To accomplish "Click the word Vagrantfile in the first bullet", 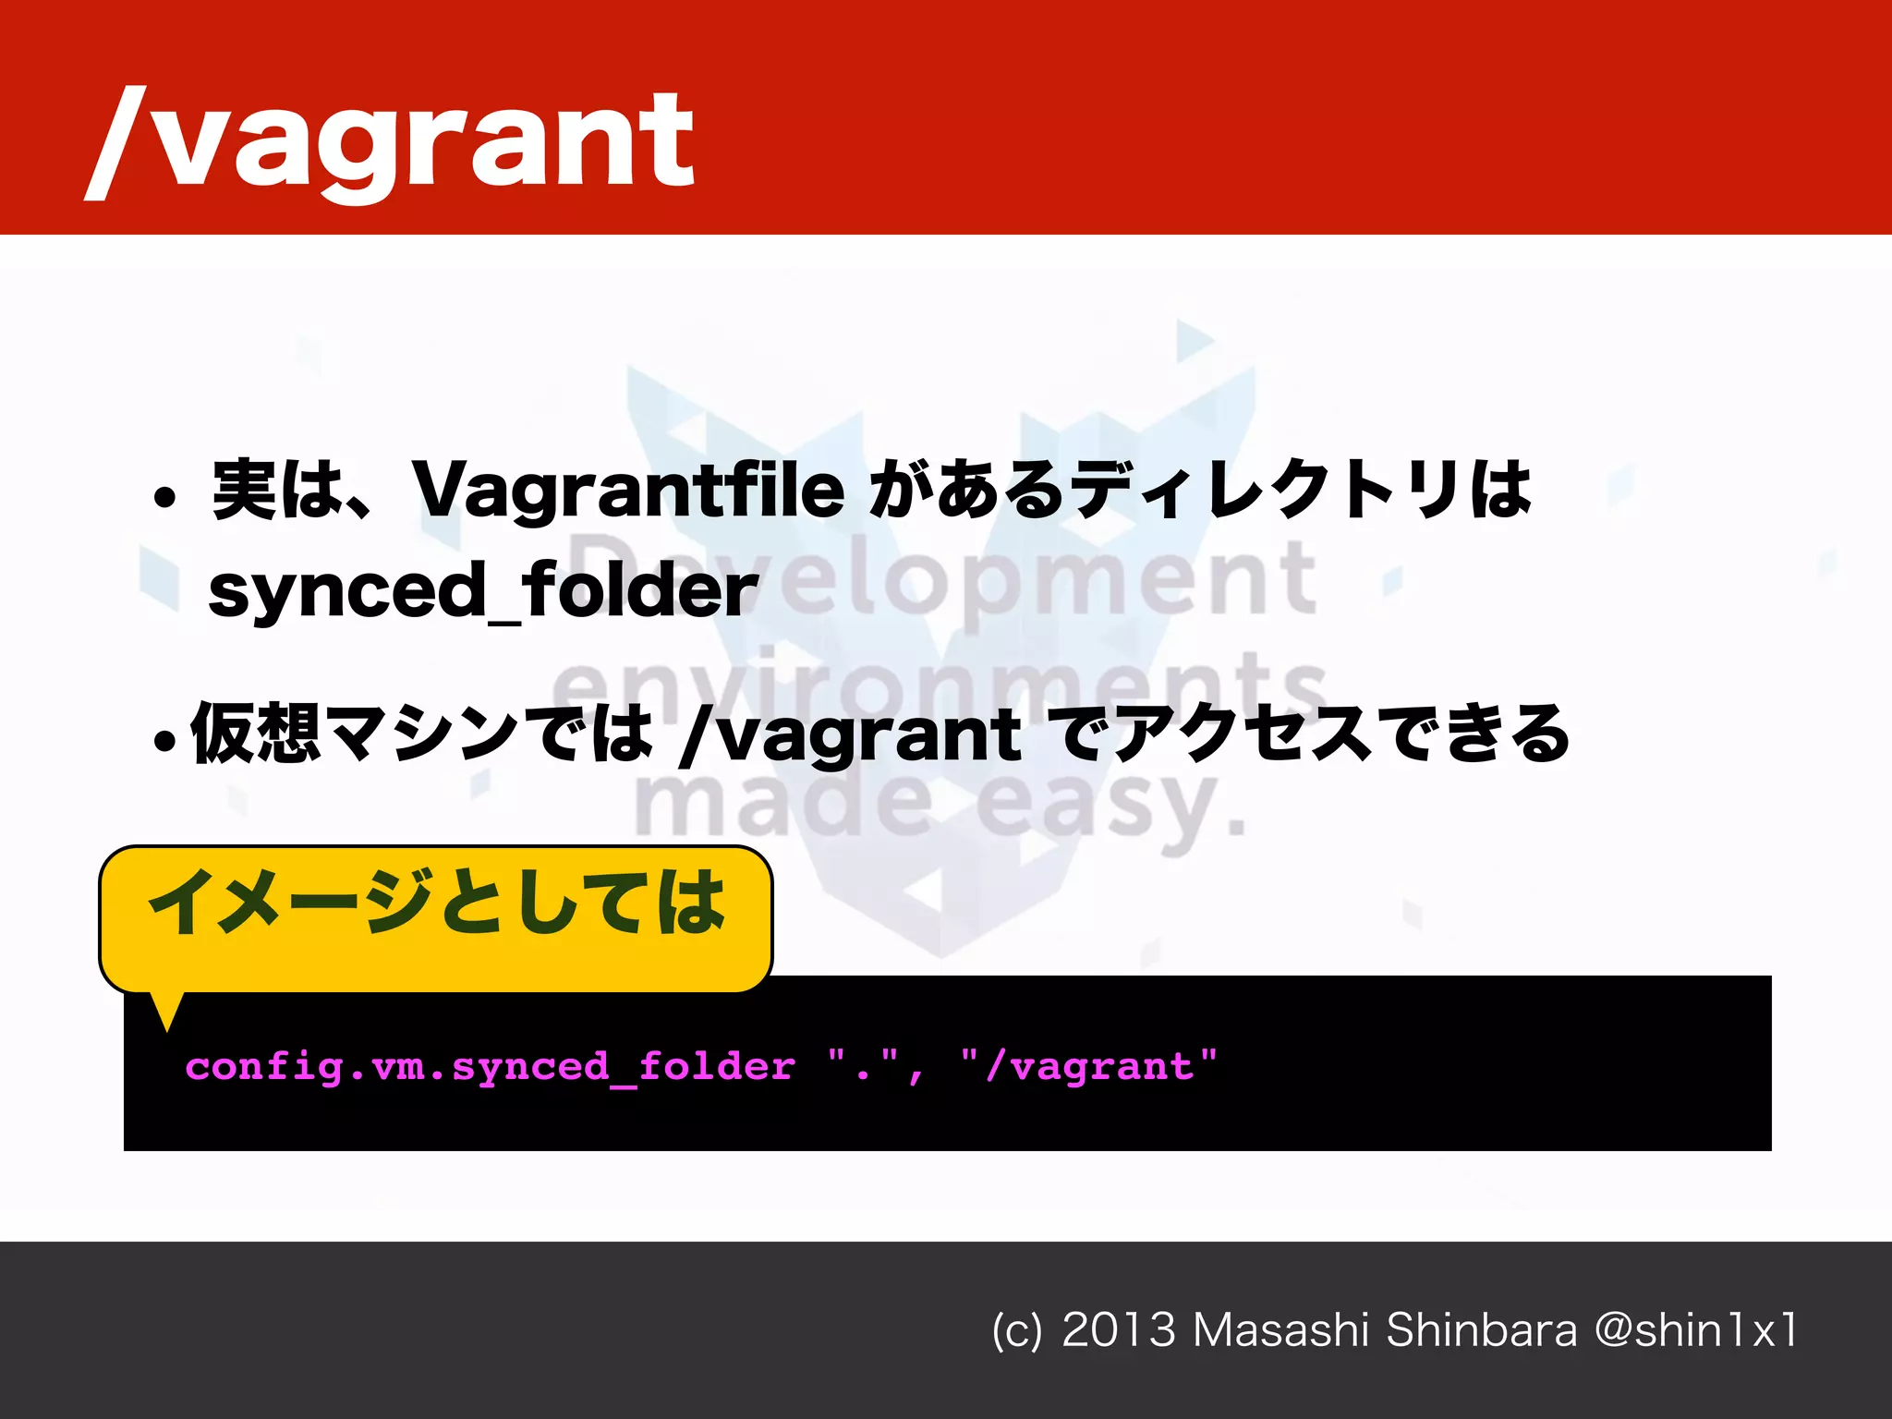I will click(x=628, y=489).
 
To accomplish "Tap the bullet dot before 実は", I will click(x=164, y=498).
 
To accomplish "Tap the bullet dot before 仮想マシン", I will click(x=164, y=740).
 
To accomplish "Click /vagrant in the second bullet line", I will click(x=850, y=734).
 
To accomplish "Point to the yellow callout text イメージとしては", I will click(x=436, y=902).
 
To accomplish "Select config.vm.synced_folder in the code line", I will click(x=490, y=1067).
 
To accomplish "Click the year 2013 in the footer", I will click(x=1118, y=1330).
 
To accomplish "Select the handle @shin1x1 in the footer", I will click(x=1696, y=1330).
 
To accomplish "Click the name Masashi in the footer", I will click(x=1280, y=1330).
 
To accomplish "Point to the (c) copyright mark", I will click(x=1016, y=1331).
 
